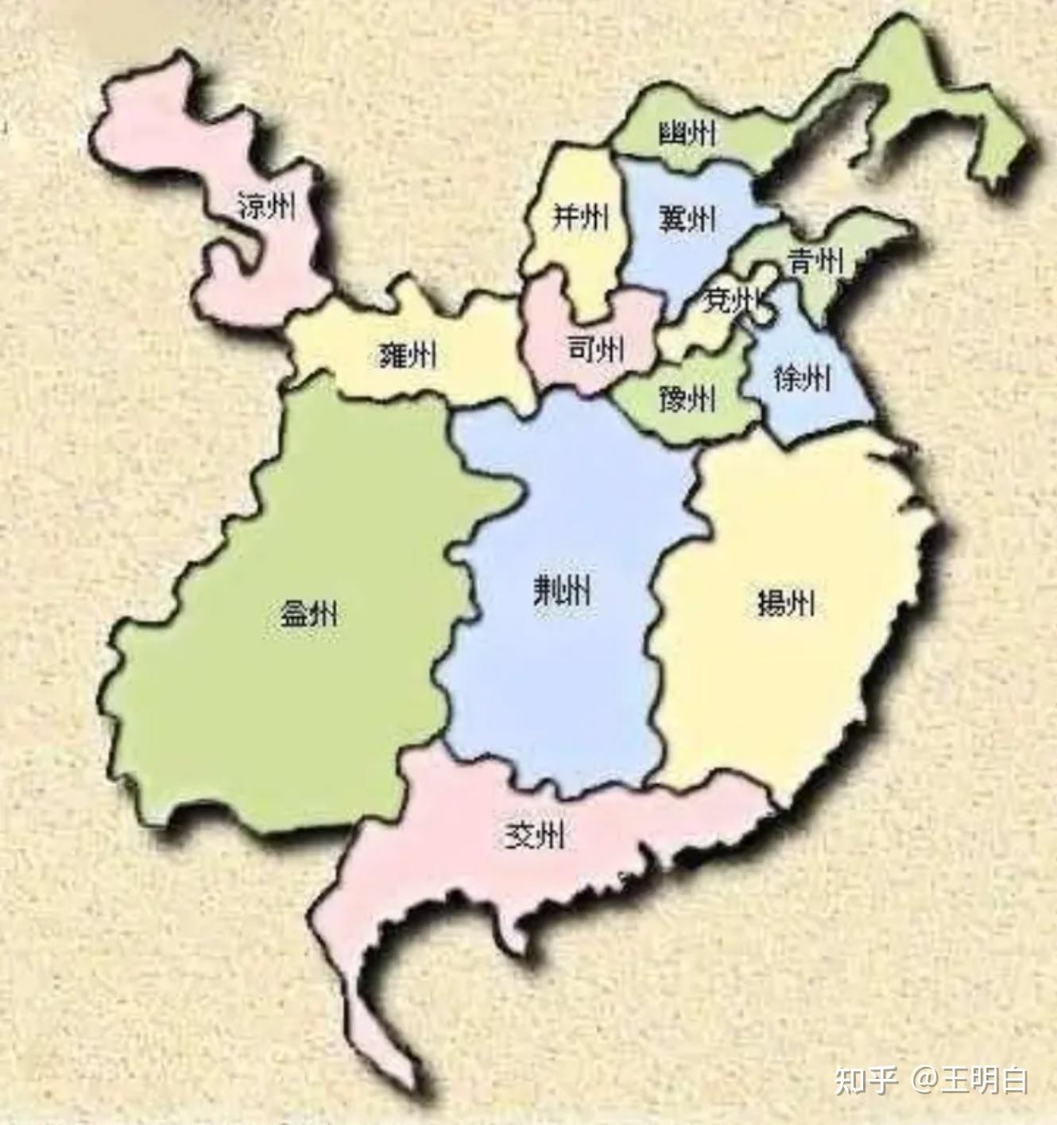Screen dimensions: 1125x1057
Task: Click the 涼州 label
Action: point(267,207)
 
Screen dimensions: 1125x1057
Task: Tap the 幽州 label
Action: point(687,133)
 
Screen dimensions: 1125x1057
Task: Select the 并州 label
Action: point(580,217)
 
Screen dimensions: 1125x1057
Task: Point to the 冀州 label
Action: point(687,218)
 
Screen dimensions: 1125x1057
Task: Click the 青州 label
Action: point(815,260)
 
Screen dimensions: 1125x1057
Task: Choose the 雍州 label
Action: point(407,355)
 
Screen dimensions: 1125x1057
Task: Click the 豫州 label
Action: point(687,398)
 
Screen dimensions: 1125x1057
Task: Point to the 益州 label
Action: point(308,613)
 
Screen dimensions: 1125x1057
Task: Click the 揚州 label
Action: point(785,605)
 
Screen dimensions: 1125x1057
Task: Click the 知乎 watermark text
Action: point(865,1081)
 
